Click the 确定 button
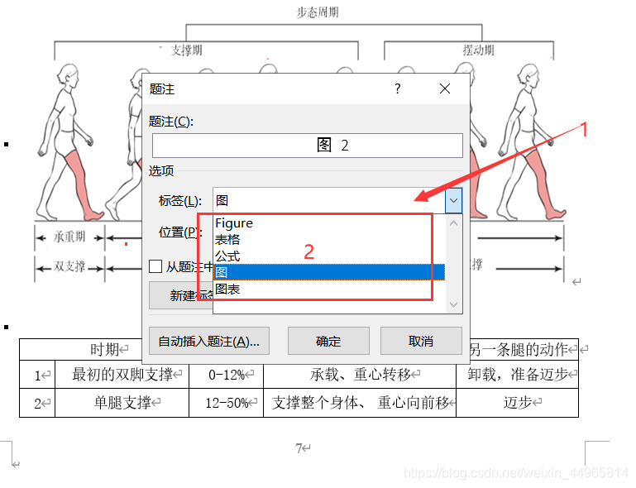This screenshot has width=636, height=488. [x=328, y=341]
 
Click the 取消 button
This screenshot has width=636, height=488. [x=420, y=341]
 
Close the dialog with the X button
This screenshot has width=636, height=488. [x=445, y=89]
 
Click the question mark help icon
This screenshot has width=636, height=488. [x=398, y=89]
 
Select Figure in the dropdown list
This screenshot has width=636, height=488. [x=234, y=223]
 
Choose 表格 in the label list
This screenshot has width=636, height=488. [x=228, y=239]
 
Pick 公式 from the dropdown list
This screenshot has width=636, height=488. [x=228, y=256]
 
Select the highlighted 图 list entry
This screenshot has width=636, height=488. [x=328, y=272]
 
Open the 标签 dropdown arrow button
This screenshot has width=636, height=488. [x=453, y=200]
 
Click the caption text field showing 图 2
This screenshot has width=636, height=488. [x=307, y=146]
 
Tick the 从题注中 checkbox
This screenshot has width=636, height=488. [x=155, y=266]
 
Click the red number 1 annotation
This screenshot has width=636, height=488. [x=583, y=129]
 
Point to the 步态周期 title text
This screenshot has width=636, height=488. [x=318, y=12]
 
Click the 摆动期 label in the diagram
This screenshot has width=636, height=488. [x=479, y=50]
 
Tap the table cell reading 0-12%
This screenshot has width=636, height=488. [x=226, y=375]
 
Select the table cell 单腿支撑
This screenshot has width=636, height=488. [x=122, y=403]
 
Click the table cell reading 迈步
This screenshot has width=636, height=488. [x=517, y=403]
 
